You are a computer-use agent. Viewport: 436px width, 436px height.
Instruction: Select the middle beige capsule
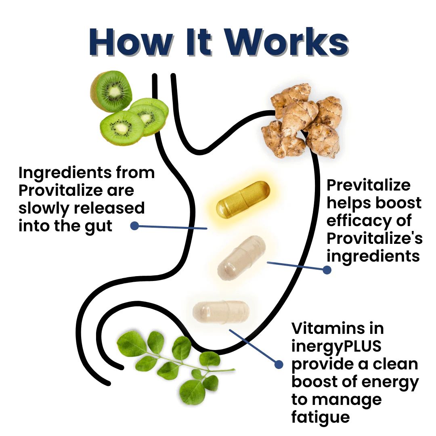click(242, 258)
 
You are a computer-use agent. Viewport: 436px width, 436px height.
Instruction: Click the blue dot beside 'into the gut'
click(135, 226)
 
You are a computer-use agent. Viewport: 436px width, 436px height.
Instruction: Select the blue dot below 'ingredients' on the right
click(327, 270)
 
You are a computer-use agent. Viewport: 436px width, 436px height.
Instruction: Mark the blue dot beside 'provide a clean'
click(279, 364)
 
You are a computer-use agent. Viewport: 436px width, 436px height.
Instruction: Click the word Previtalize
click(369, 185)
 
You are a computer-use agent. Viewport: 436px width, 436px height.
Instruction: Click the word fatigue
click(321, 417)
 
